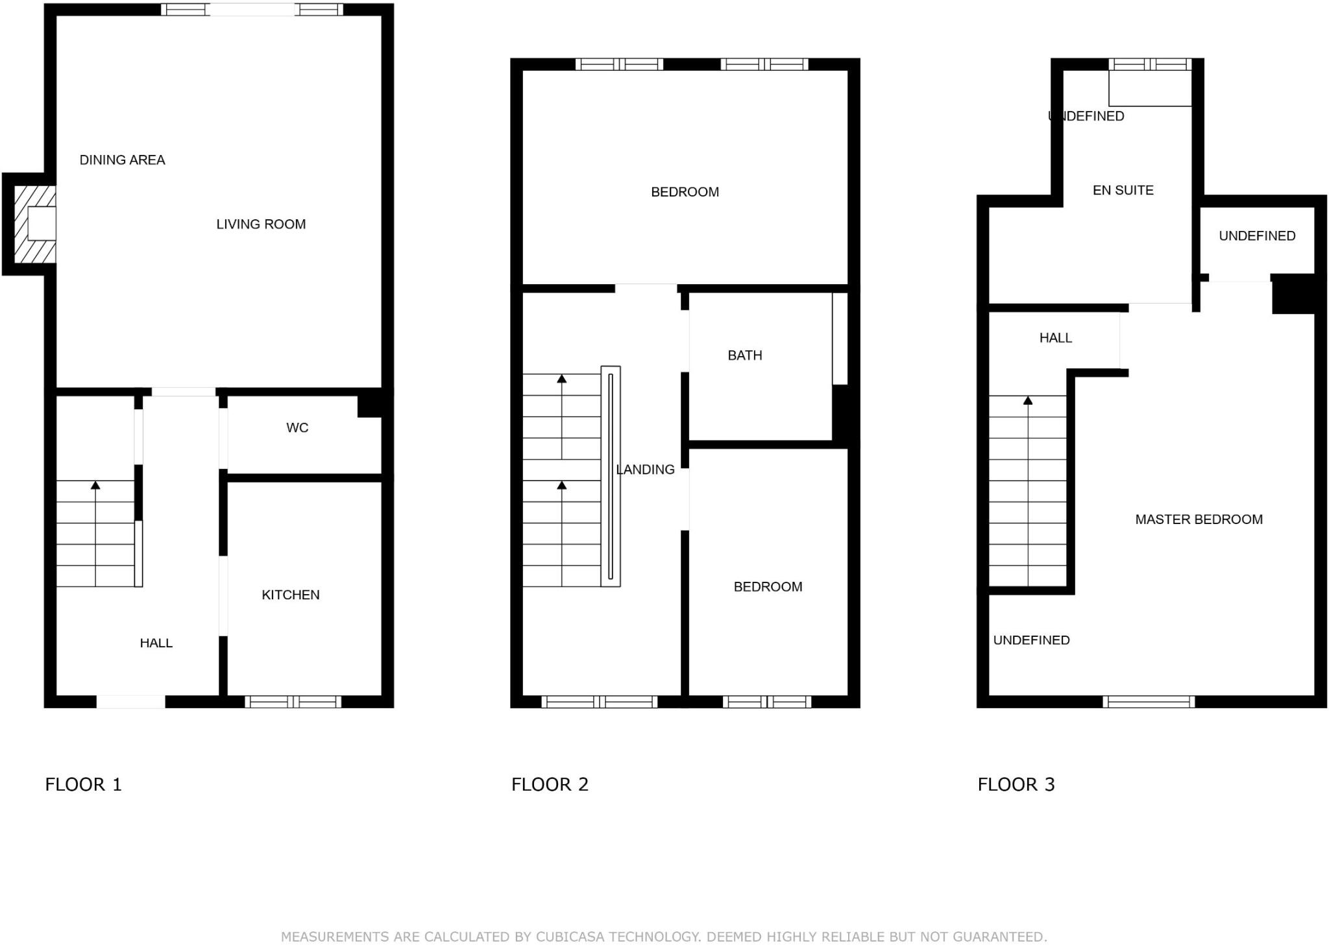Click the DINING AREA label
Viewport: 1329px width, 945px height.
click(122, 160)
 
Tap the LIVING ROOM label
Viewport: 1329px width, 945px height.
click(261, 224)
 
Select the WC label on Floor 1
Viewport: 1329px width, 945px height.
click(297, 428)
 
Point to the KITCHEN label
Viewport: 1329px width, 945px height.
click(291, 595)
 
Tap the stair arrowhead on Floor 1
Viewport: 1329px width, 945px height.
click(96, 485)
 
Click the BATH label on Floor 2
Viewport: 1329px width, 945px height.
click(745, 355)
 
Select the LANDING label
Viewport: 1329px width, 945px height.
click(645, 470)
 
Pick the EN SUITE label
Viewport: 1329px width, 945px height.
click(1123, 191)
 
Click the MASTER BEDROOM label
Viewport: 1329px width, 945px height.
click(1199, 520)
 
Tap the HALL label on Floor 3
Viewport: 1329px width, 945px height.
click(1056, 338)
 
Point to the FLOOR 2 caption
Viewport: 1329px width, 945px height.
click(550, 785)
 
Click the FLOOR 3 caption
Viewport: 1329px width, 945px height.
click(1016, 785)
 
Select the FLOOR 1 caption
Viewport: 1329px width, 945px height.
click(83, 785)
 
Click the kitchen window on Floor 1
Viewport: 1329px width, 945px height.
click(293, 701)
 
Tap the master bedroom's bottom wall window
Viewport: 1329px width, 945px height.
click(1149, 701)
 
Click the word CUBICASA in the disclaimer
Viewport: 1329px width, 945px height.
click(570, 937)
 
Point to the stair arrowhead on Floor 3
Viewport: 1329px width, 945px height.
click(1028, 401)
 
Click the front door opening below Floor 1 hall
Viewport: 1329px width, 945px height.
click(131, 701)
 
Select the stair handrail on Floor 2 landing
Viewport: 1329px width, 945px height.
click(611, 476)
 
